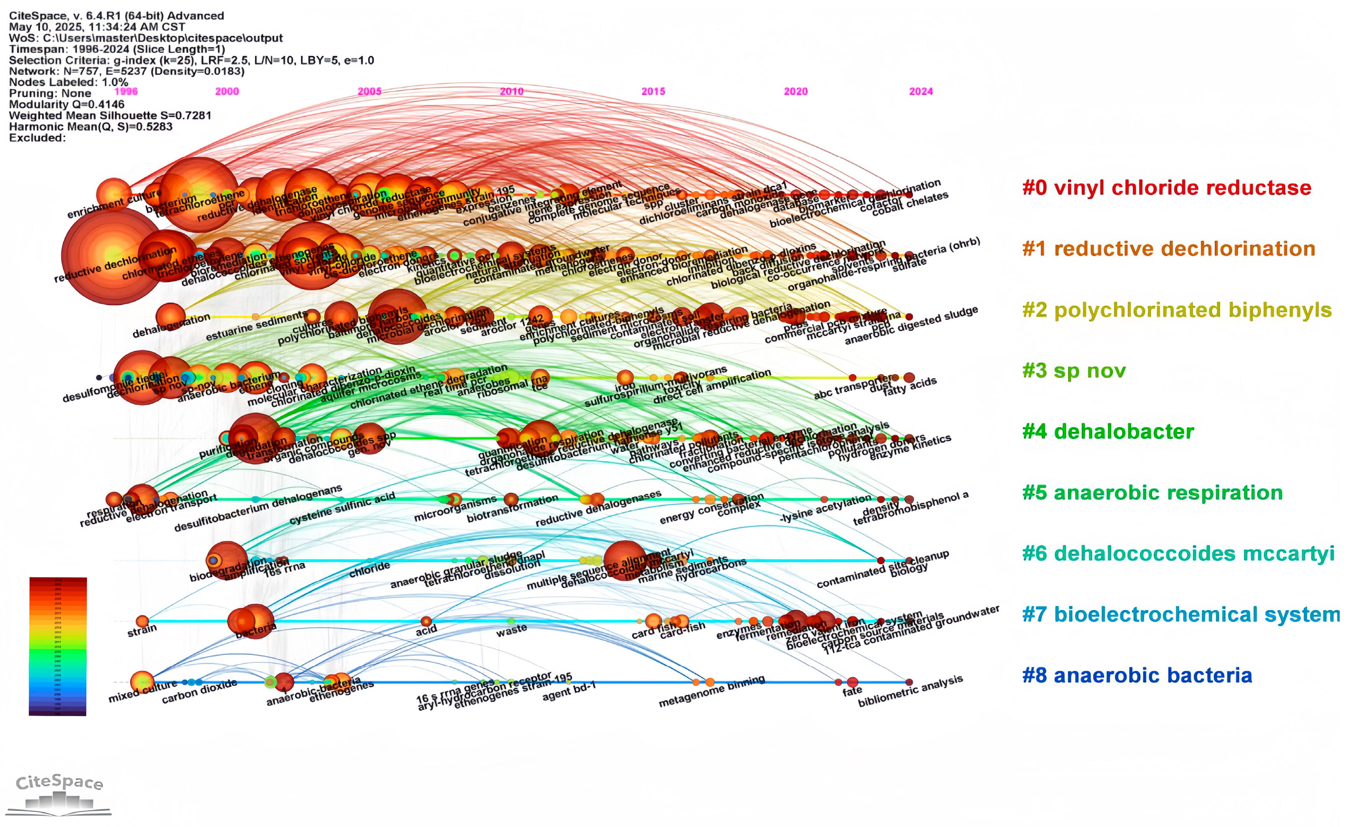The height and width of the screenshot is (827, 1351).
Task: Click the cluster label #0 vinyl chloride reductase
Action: (x=1166, y=187)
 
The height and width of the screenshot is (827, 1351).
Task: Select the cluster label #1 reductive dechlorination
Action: (x=1168, y=249)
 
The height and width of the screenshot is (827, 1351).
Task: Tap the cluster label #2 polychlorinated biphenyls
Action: (x=1177, y=310)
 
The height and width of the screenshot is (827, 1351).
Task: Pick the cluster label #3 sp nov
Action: (x=1074, y=371)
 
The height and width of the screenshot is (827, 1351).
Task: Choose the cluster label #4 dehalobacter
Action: (x=1108, y=432)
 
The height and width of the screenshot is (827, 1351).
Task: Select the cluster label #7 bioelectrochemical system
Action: (x=1181, y=614)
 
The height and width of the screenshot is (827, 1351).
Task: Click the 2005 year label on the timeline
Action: (x=369, y=92)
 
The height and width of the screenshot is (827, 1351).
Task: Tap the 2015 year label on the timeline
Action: (x=653, y=92)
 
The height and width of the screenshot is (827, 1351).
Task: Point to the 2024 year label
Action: (x=920, y=92)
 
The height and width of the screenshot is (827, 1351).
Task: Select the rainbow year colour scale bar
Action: (x=57, y=646)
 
